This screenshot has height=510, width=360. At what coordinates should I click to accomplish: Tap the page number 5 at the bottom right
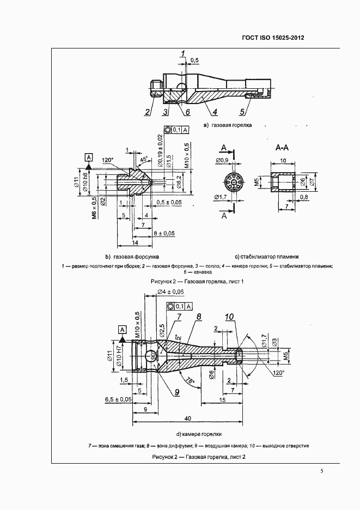pyautogui.click(x=322, y=471)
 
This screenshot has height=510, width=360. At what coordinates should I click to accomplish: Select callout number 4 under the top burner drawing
pyautogui.click(x=215, y=113)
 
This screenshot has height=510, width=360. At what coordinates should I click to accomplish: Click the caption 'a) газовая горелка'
pyautogui.click(x=227, y=125)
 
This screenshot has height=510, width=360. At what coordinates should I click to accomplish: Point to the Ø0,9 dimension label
pyautogui.click(x=222, y=160)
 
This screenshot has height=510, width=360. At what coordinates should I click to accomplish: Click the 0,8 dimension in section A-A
pyautogui.click(x=303, y=197)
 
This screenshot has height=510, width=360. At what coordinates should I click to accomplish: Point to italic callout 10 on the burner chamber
pyautogui.click(x=229, y=317)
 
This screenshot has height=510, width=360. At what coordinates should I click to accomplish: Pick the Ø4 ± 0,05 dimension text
pyautogui.click(x=170, y=293)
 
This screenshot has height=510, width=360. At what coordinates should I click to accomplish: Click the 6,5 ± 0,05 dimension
pyautogui.click(x=119, y=399)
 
